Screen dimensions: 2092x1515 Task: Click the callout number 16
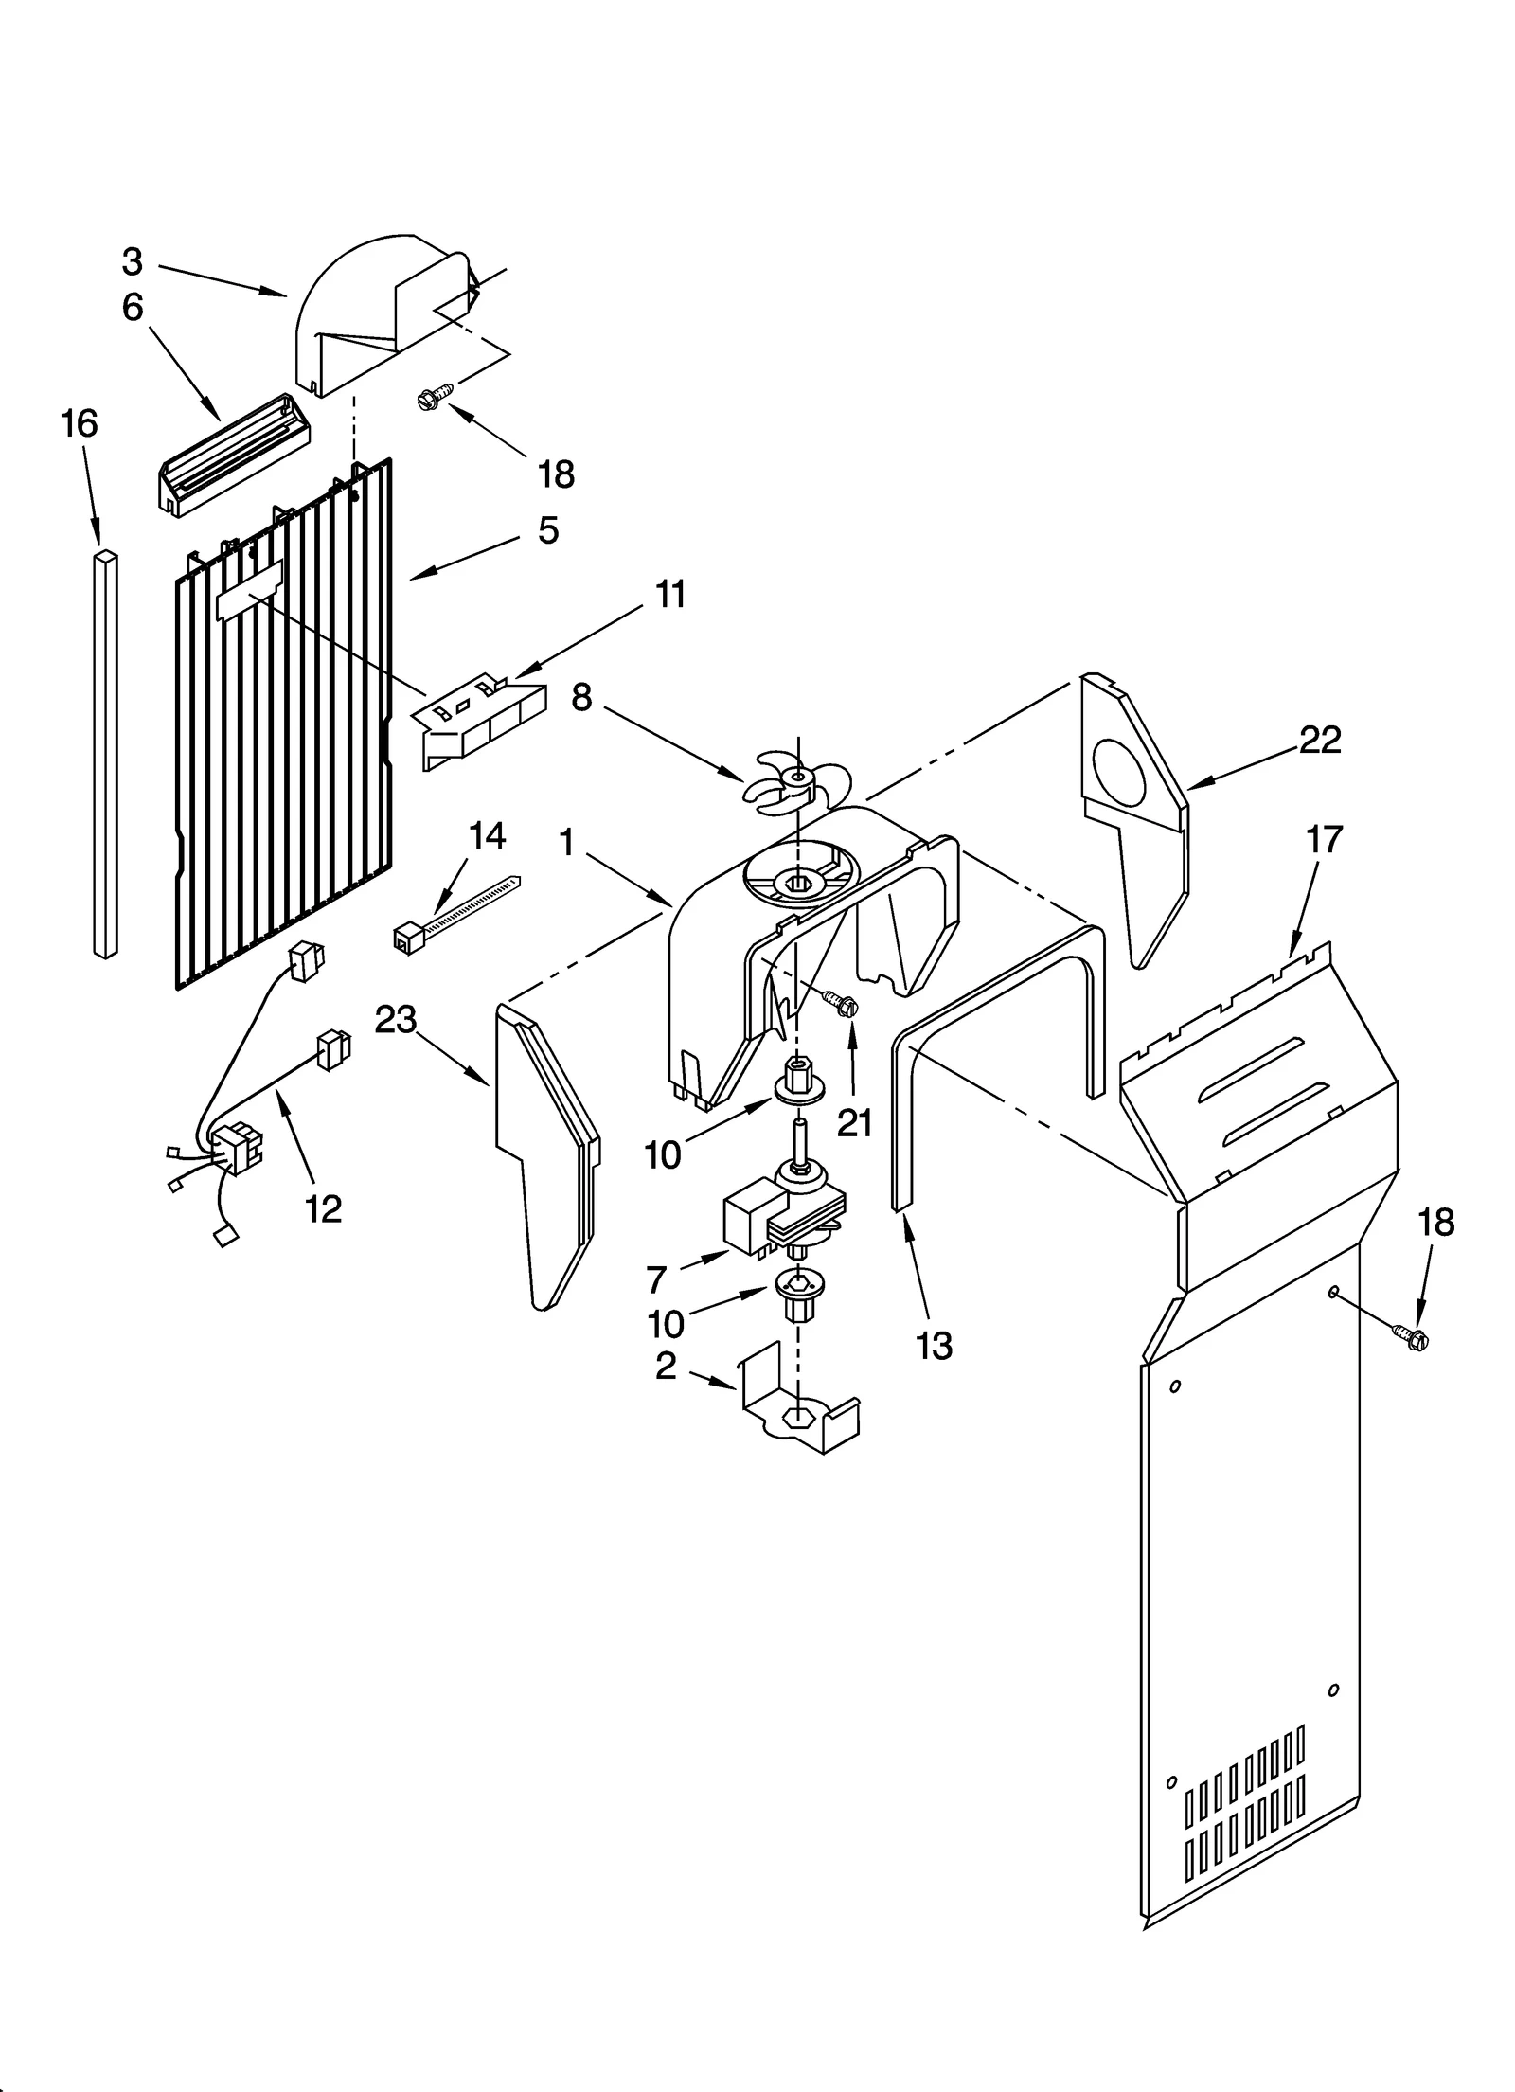80,423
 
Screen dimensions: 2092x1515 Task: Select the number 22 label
1320,740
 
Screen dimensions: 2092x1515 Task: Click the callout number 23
396,1020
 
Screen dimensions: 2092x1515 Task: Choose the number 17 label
1324,839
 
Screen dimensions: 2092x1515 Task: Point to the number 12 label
324,1208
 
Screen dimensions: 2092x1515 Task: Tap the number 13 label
935,1345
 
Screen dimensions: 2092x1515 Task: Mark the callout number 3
133,261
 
